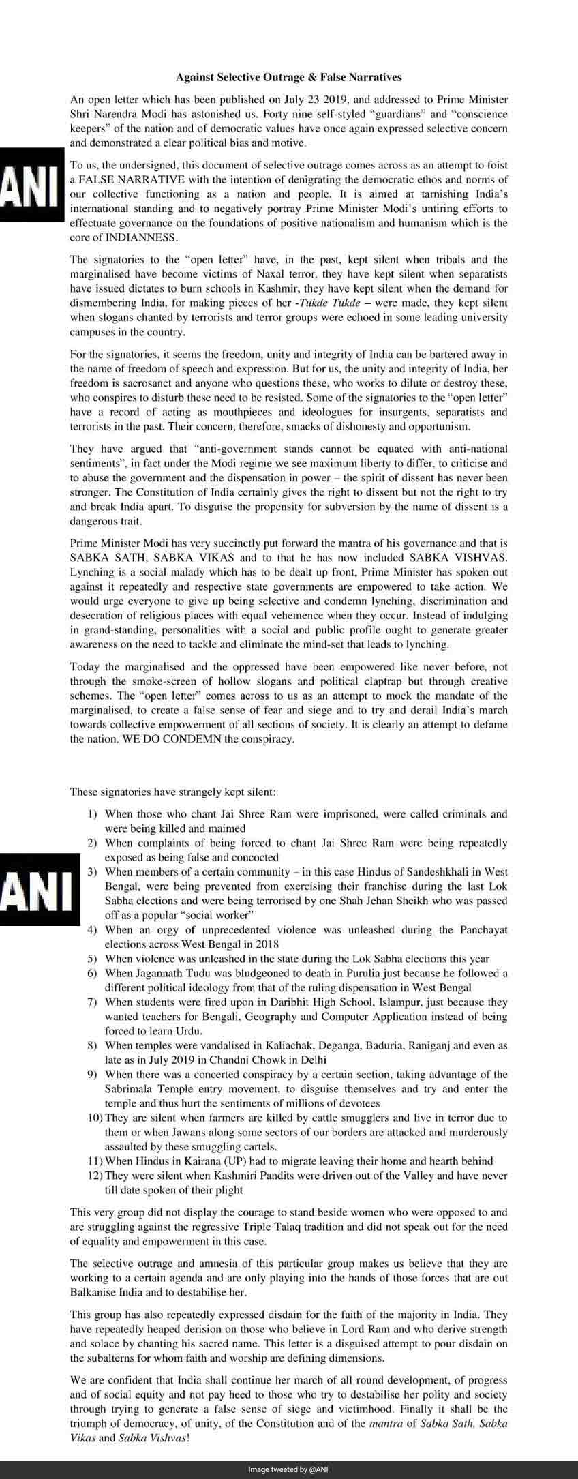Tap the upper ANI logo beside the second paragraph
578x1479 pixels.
pyautogui.click(x=31, y=184)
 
